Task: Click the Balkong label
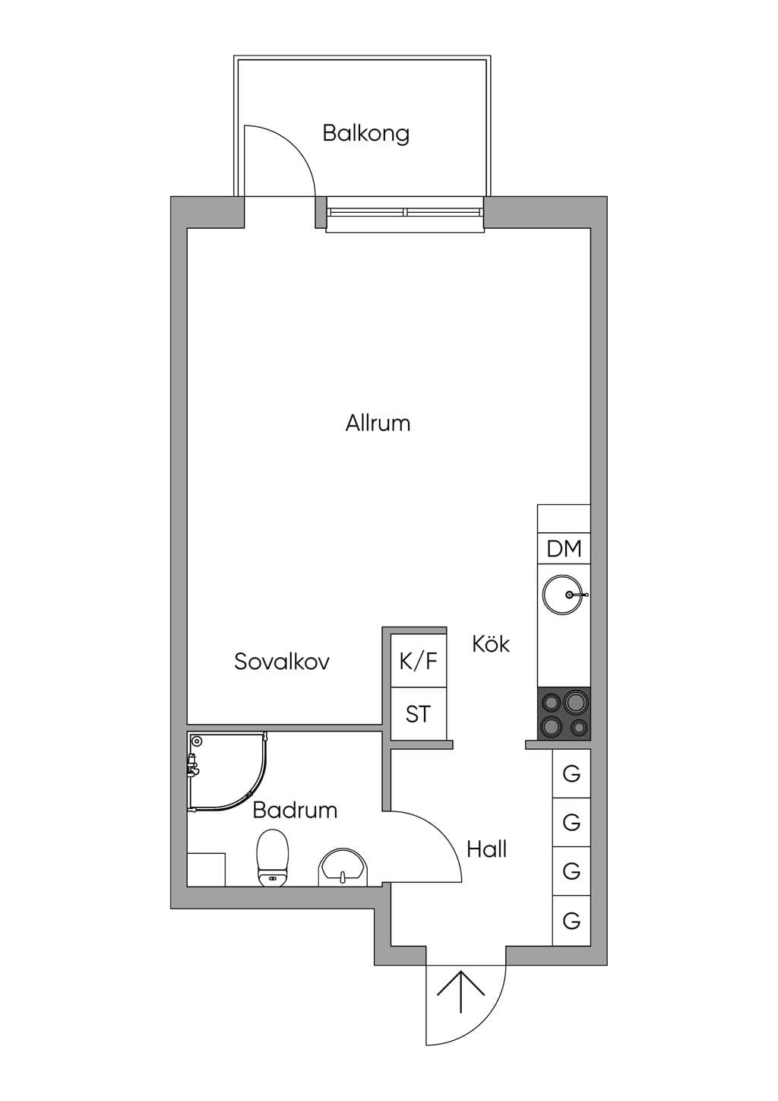coord(366,134)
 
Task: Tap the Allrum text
coord(378,424)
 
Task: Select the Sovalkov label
coord(281,662)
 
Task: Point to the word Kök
coord(491,644)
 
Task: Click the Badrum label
coord(295,811)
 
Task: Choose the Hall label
coord(486,849)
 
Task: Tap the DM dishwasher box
coord(564,548)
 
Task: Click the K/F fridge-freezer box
coord(419,661)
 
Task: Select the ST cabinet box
coord(419,714)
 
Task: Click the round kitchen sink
coord(563,595)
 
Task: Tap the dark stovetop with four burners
coord(564,714)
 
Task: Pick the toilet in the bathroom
coord(273,858)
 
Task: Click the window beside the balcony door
coord(405,212)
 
